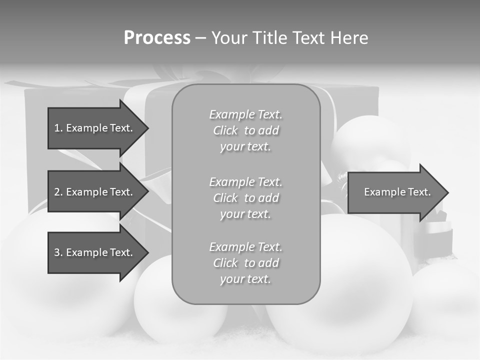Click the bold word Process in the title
(x=157, y=38)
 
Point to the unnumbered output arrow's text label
(x=397, y=192)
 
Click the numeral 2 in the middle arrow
(x=57, y=192)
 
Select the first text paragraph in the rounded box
(x=245, y=130)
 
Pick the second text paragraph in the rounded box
(x=245, y=198)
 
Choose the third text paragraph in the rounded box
(x=245, y=263)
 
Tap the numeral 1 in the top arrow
(x=57, y=128)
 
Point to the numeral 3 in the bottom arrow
(x=57, y=252)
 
